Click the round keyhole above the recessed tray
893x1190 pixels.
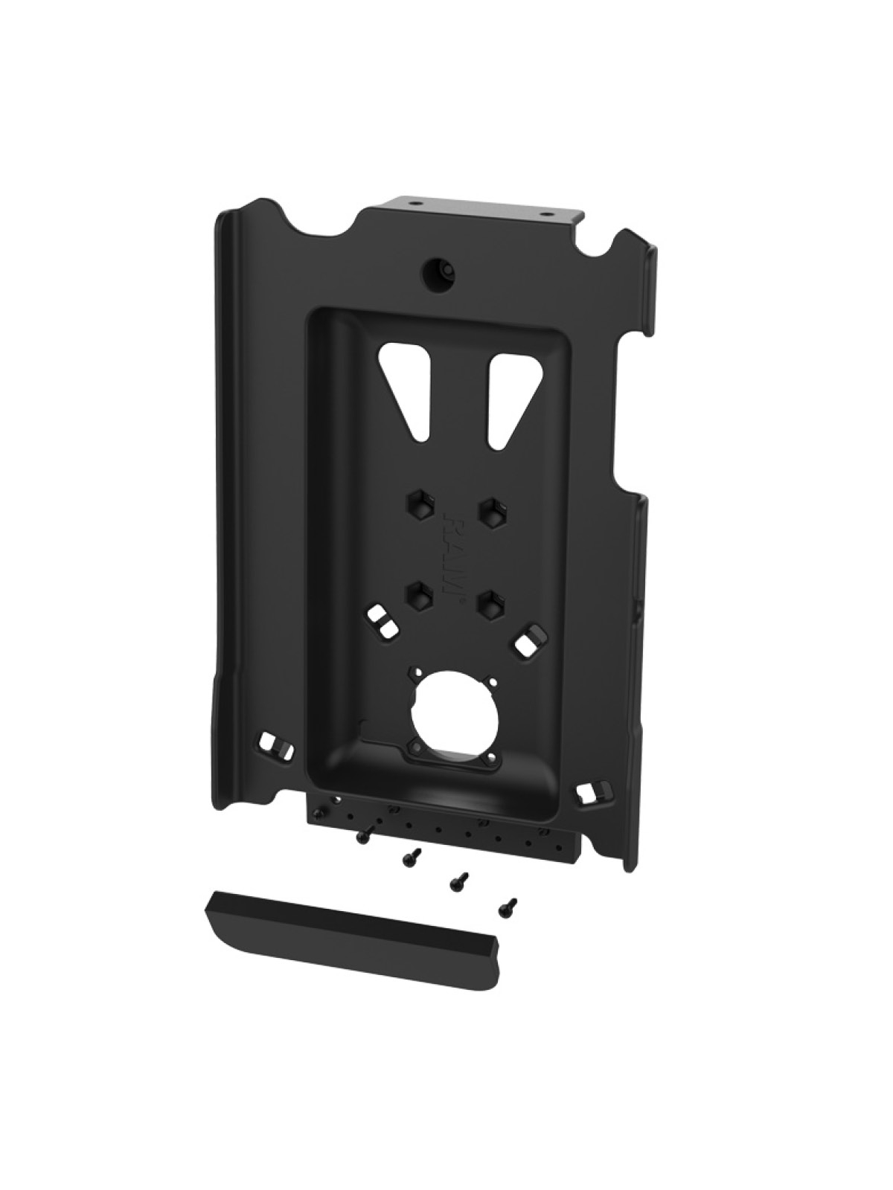tap(434, 270)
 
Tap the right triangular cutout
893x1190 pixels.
tap(508, 395)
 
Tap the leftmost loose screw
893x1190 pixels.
tap(362, 837)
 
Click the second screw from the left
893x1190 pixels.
tap(409, 859)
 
